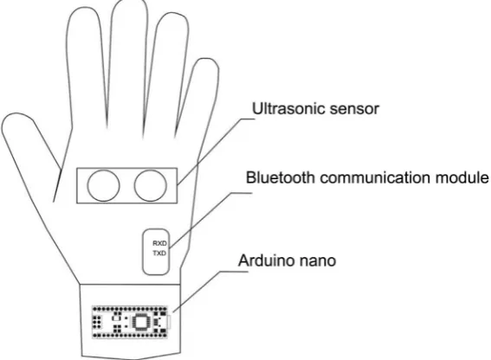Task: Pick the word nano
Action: click(x=317, y=261)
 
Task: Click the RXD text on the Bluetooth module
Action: click(x=159, y=243)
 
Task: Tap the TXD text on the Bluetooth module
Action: click(x=159, y=254)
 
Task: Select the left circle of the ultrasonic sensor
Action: click(x=104, y=186)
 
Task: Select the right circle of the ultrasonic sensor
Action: click(x=151, y=186)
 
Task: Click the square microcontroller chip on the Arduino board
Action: click(x=140, y=322)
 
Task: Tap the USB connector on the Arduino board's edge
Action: click(x=169, y=322)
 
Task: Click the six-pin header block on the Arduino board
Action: click(x=97, y=321)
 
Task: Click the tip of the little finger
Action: click(x=205, y=58)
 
